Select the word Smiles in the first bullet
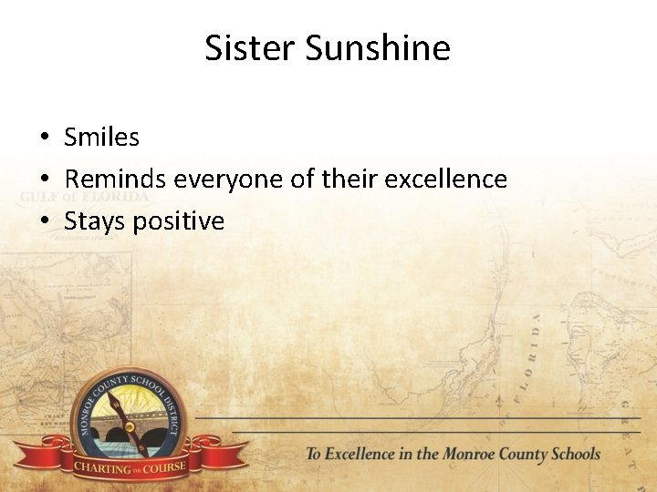tap(101, 138)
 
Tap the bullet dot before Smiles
tap(43, 138)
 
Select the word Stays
tap(95, 221)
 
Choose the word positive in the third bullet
tap(179, 221)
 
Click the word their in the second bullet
tap(348, 179)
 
